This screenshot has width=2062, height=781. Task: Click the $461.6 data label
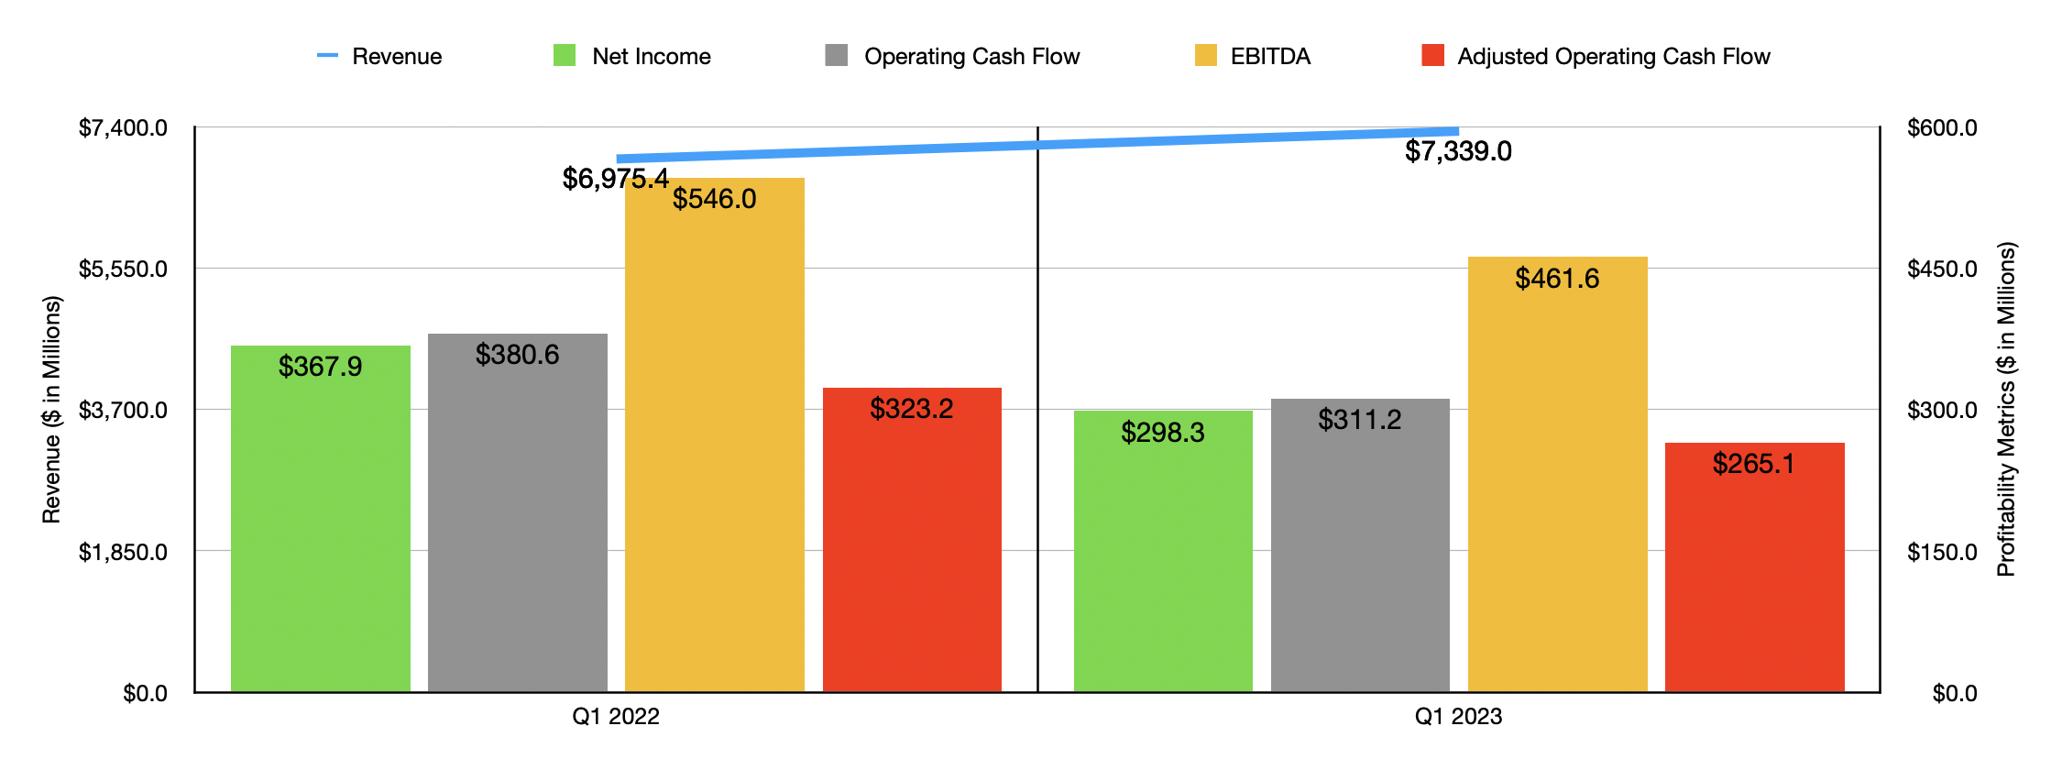click(x=1556, y=279)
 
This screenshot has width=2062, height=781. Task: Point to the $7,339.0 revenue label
click(x=1458, y=151)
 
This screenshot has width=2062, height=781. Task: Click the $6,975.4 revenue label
click(x=615, y=179)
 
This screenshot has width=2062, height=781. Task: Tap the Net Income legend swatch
click(x=565, y=56)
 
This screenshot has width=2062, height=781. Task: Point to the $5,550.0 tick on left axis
click(x=123, y=269)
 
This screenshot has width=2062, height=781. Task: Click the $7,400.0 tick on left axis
click(x=123, y=127)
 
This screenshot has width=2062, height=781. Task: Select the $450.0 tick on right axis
click(x=1941, y=269)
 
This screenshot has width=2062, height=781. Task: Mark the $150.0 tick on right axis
click(x=1941, y=552)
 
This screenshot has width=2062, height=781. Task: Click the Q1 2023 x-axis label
click(x=1458, y=717)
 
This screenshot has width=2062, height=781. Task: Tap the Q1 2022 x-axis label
click(x=615, y=717)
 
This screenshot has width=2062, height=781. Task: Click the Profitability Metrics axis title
click(x=2006, y=409)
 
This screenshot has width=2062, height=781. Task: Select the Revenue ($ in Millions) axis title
click(x=51, y=409)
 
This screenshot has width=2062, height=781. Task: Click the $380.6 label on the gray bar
click(x=517, y=355)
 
